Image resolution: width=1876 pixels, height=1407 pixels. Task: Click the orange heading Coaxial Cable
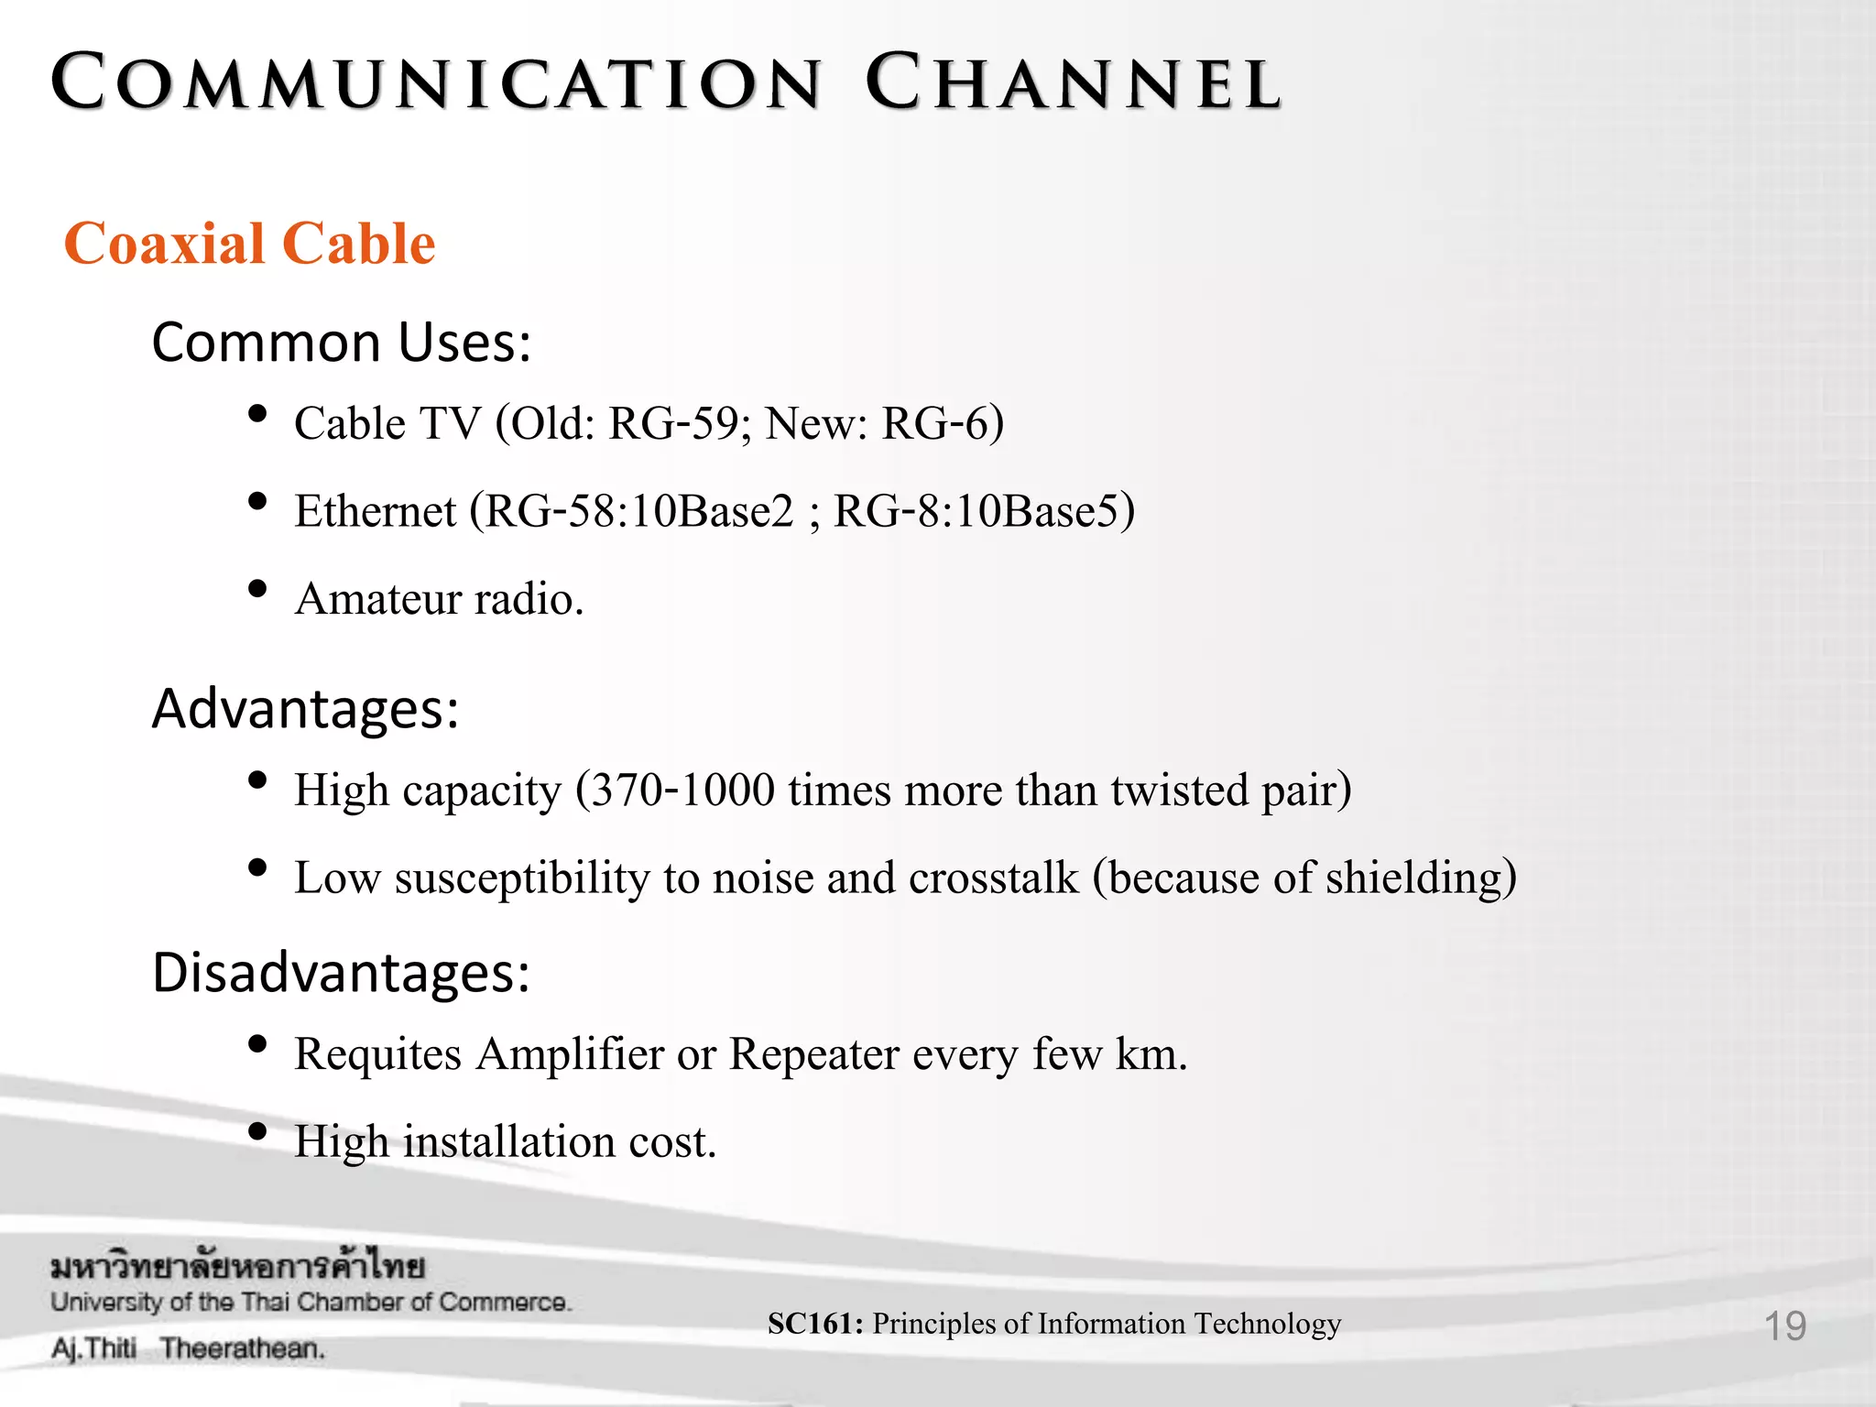coord(249,244)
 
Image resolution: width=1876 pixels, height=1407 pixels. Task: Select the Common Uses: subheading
coord(341,343)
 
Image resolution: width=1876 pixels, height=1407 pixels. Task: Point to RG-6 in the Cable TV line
coord(936,423)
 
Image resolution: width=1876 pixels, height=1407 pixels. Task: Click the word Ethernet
coord(375,511)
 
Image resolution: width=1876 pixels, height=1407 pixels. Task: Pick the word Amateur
coord(377,599)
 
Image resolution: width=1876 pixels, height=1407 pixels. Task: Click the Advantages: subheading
coord(305,709)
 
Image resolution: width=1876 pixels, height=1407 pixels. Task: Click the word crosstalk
coord(993,878)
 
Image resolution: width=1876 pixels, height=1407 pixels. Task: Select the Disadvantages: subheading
coord(341,973)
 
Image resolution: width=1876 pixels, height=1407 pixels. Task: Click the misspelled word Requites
coord(377,1053)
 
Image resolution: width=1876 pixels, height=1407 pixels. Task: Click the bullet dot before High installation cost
coord(257,1131)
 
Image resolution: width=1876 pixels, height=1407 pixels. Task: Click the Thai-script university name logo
coord(237,1268)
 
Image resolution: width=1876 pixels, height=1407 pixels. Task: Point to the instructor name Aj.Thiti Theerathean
coord(188,1348)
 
